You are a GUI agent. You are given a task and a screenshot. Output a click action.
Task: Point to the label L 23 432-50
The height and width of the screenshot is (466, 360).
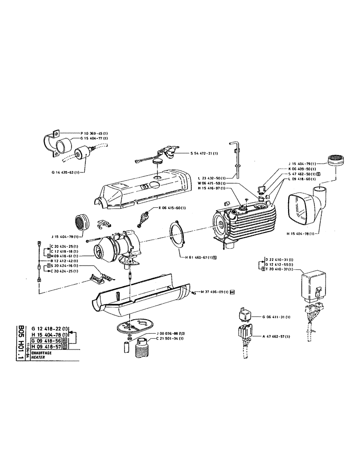[212, 178]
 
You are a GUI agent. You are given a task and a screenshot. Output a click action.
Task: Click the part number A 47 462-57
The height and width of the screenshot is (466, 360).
[279, 336]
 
